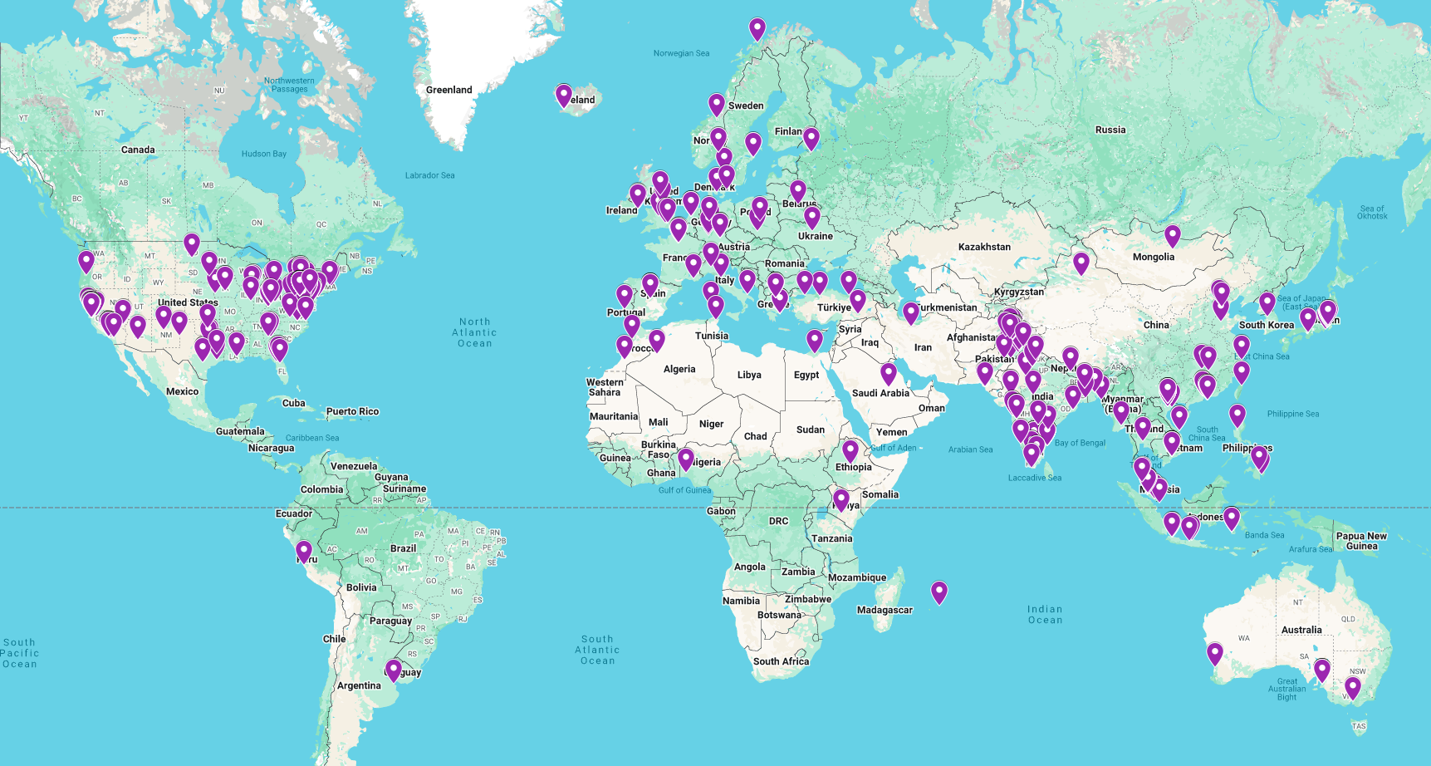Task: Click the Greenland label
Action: (x=448, y=90)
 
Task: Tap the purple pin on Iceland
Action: (x=564, y=96)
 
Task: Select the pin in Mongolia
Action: (x=1172, y=236)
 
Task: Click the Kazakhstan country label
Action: (x=984, y=247)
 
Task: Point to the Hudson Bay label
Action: (x=263, y=154)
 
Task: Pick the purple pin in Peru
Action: (x=304, y=551)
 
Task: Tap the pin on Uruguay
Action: (x=394, y=670)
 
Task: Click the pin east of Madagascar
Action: (x=939, y=592)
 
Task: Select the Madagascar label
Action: (x=885, y=610)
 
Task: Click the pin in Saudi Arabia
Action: (x=889, y=373)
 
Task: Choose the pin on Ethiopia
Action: (x=850, y=450)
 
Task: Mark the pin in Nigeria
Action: (x=686, y=459)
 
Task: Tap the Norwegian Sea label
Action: (x=681, y=53)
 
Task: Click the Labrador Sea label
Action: (x=429, y=175)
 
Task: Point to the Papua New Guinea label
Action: (x=1361, y=541)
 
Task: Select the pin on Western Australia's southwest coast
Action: (x=1215, y=653)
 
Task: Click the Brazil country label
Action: (x=403, y=548)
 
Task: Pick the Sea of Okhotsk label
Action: (x=1372, y=212)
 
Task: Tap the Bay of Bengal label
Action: (x=1080, y=443)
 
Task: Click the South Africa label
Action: (x=781, y=661)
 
